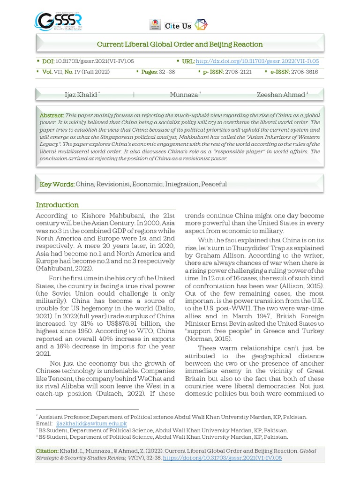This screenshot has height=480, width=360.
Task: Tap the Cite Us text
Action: point(178,26)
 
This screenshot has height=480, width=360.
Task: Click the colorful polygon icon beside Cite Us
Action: point(201,25)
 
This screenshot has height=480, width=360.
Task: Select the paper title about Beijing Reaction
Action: point(180,45)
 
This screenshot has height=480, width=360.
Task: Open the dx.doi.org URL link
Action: point(257,61)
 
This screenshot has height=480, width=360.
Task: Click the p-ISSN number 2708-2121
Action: point(238,72)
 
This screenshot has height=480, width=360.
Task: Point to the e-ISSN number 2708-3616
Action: point(304,72)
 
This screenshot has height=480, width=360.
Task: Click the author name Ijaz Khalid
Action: point(81,95)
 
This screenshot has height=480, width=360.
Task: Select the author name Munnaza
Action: point(184,95)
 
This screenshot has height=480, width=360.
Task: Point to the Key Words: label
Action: point(57,184)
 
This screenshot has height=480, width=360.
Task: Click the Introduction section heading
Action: point(57,205)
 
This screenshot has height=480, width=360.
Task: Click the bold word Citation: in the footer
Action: point(47,451)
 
